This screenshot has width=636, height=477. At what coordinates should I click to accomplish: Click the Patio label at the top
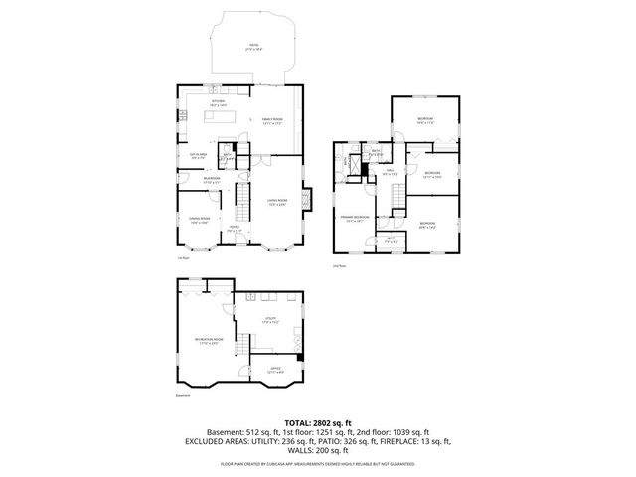click(254, 46)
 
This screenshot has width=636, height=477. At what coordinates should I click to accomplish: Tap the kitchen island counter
click(223, 117)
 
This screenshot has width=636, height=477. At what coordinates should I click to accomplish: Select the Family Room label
click(272, 121)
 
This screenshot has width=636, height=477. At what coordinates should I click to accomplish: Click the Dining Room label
click(200, 220)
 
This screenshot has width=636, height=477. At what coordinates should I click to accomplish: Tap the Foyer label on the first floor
click(235, 230)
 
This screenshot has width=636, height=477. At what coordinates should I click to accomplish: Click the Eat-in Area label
click(198, 154)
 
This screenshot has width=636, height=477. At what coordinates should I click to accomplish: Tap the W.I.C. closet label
click(391, 238)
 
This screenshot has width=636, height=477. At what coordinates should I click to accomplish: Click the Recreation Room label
click(208, 341)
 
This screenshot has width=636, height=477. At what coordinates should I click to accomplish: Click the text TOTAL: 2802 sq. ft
click(317, 422)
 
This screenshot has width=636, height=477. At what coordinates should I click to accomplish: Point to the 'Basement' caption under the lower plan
click(182, 396)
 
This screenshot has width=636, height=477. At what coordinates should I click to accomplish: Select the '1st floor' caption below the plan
click(182, 260)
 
